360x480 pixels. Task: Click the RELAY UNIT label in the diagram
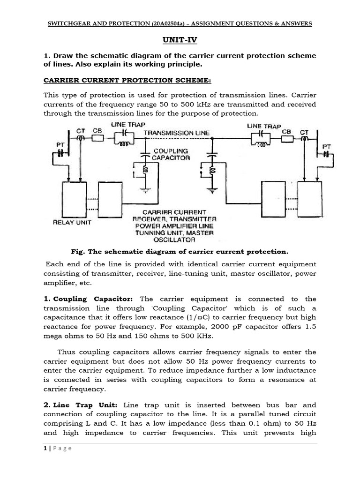(71, 223)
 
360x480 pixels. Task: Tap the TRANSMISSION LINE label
(177, 133)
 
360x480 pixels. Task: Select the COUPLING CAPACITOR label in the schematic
(171, 154)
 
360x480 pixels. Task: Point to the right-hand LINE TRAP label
(263, 126)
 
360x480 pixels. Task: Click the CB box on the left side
(98, 139)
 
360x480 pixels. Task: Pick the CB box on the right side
(287, 139)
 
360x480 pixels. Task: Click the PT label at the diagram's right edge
(327, 147)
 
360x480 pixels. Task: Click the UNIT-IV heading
(180, 41)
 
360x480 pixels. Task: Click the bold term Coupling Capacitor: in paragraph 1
(93, 299)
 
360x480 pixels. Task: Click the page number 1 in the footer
(45, 448)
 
